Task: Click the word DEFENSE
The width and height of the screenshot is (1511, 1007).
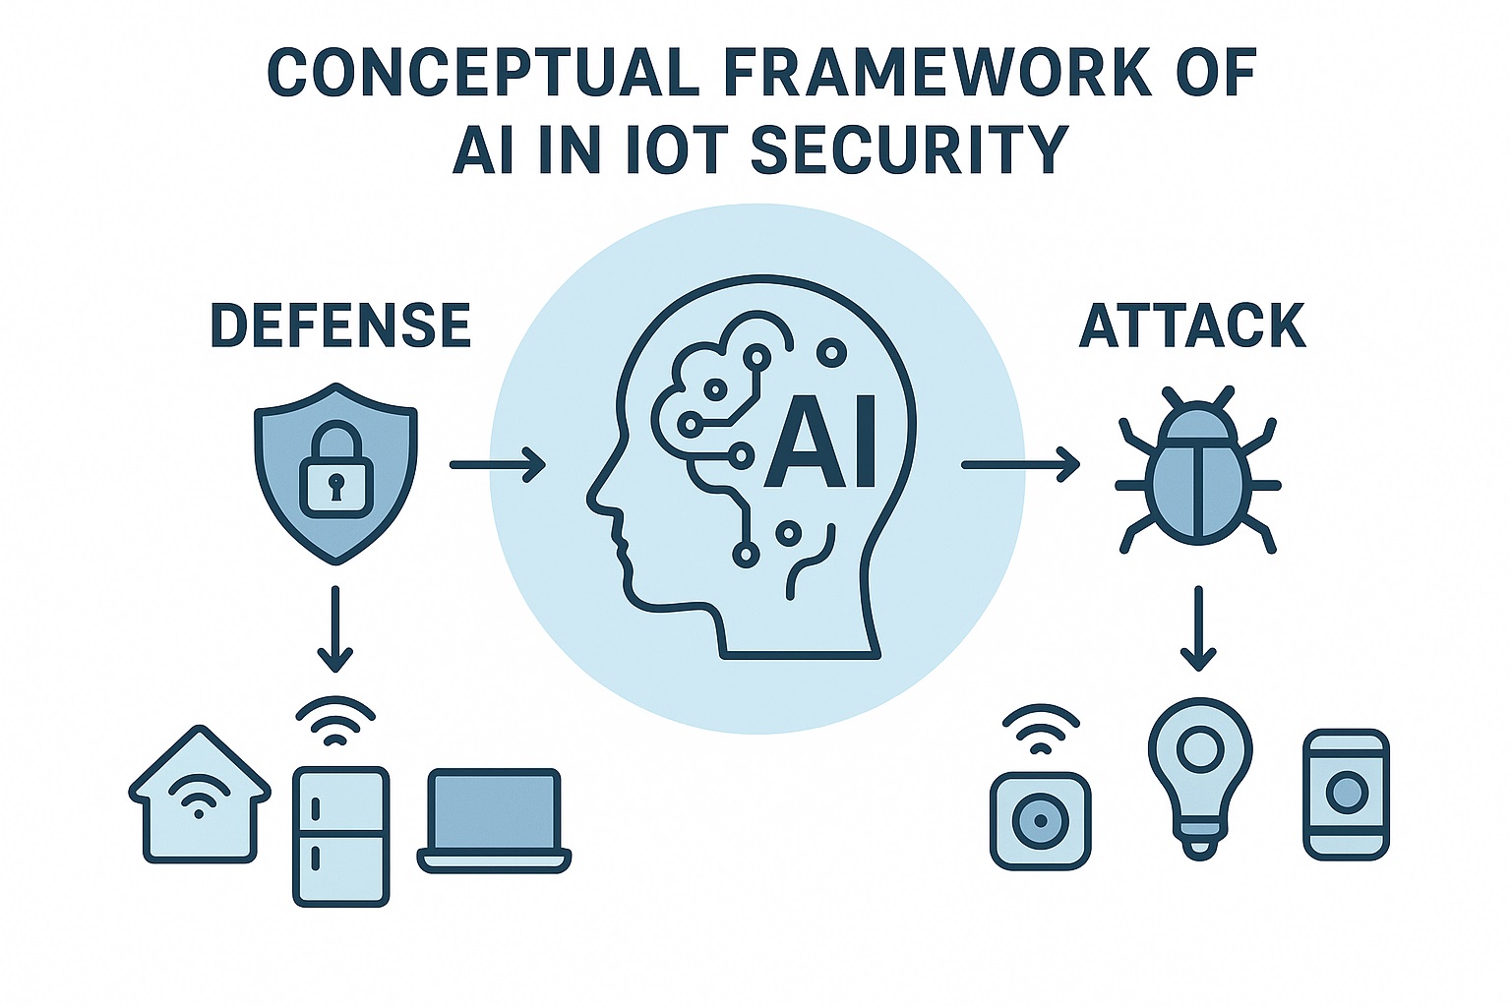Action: (x=340, y=326)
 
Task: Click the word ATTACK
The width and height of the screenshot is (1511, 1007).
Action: (x=1192, y=326)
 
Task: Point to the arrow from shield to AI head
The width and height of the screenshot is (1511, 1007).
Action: (x=497, y=464)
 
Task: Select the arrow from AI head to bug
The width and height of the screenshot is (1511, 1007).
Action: (x=1019, y=464)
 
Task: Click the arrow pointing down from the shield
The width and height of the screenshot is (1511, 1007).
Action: (x=335, y=628)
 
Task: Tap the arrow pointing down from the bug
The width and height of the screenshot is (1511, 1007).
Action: (x=1197, y=628)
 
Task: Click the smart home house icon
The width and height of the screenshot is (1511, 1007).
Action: (x=200, y=797)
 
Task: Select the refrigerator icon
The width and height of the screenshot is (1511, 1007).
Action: (x=340, y=836)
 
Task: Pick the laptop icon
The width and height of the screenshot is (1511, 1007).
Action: (x=494, y=821)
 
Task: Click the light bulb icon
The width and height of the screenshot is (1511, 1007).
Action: (x=1199, y=777)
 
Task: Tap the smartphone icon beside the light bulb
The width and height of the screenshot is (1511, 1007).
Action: (x=1346, y=795)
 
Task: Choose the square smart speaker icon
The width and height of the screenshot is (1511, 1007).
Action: (x=1040, y=821)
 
